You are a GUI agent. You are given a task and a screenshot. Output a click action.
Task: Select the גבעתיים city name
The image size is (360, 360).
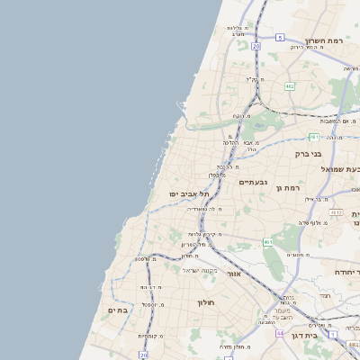coord(254,182)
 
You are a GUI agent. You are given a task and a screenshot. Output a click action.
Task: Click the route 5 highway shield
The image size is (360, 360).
coord(280,37)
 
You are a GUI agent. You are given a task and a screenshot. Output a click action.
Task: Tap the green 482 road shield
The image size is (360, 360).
coord(289,86)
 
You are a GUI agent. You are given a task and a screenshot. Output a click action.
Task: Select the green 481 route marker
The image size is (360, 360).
coord(313,137)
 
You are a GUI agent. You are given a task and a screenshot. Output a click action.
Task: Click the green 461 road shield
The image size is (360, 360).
coord(268,242)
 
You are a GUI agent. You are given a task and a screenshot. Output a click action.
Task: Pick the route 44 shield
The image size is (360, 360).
coord(280,334)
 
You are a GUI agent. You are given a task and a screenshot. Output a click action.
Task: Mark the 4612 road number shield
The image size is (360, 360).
coord(335,212)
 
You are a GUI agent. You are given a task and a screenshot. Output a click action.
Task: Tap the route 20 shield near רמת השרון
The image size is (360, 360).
coord(256,45)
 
